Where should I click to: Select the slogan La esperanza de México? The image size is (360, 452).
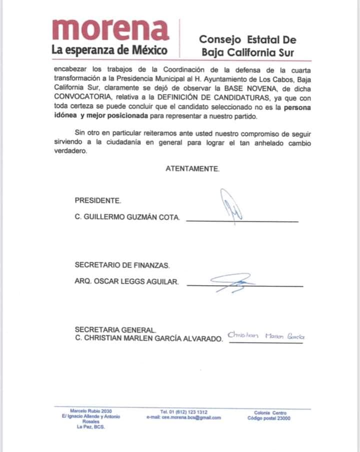[109, 50]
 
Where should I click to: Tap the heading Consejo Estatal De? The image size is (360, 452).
[247, 39]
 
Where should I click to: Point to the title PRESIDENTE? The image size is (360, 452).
[98, 201]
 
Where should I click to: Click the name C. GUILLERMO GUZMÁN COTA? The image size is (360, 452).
[128, 218]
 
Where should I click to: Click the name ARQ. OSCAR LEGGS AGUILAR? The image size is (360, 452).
[126, 282]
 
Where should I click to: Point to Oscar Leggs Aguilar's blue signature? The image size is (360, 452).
[232, 283]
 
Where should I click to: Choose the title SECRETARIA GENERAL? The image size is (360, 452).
[115, 330]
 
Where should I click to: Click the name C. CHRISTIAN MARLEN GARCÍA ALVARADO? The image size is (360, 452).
[148, 339]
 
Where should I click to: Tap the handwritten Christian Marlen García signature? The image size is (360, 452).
[265, 336]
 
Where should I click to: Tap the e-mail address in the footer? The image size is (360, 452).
[183, 418]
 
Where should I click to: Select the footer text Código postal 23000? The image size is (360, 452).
[270, 419]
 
